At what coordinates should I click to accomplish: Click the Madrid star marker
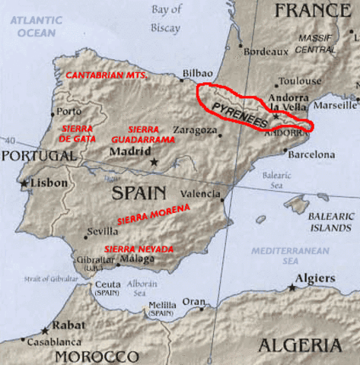click(x=155, y=162)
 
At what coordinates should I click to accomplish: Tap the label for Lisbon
click(x=49, y=183)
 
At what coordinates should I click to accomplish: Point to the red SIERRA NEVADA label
click(x=139, y=249)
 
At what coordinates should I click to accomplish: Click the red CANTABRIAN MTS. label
click(x=107, y=76)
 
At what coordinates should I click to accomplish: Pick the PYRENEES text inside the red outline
click(x=238, y=113)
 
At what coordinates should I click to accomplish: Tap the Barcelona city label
click(x=312, y=154)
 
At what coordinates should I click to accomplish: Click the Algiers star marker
click(x=292, y=288)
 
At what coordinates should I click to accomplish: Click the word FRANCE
click(x=311, y=10)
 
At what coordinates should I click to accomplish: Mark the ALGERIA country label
click(x=299, y=346)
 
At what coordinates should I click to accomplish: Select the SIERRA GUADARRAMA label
click(x=143, y=135)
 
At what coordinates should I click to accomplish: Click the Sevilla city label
click(x=102, y=231)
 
